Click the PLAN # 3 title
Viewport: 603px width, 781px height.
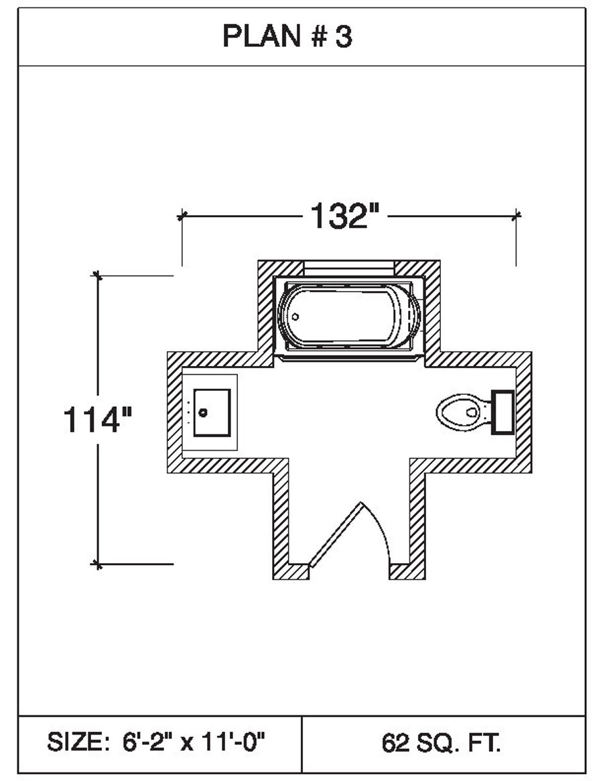coord(287,38)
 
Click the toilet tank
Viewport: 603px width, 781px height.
coord(503,412)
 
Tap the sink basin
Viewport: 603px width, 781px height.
coord(212,412)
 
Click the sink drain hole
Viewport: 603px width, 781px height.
coord(203,412)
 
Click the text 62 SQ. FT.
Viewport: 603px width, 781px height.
coord(442,742)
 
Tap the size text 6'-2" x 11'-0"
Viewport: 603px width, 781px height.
coord(194,742)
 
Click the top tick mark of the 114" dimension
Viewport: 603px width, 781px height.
coord(98,275)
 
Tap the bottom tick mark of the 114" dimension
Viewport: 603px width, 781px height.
coord(98,564)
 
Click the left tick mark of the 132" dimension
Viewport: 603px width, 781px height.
coord(181,216)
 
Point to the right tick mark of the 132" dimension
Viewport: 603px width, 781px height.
coord(516,216)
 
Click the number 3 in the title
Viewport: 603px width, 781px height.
coord(343,38)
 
